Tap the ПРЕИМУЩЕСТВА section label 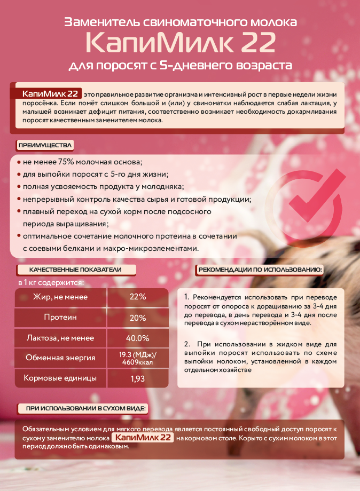(x=45, y=145)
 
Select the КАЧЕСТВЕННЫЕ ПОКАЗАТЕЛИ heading (x=75, y=270)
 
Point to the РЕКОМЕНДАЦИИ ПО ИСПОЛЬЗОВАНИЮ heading (x=261, y=270)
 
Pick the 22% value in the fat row (x=138, y=297)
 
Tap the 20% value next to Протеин (x=138, y=318)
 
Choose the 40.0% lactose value (x=137, y=338)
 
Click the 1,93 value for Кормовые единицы (x=138, y=379)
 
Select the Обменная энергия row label (x=60, y=358)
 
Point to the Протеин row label (x=60, y=318)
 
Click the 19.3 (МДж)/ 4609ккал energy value (x=138, y=358)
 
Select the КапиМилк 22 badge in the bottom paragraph (x=143, y=438)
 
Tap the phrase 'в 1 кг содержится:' (x=51, y=282)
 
